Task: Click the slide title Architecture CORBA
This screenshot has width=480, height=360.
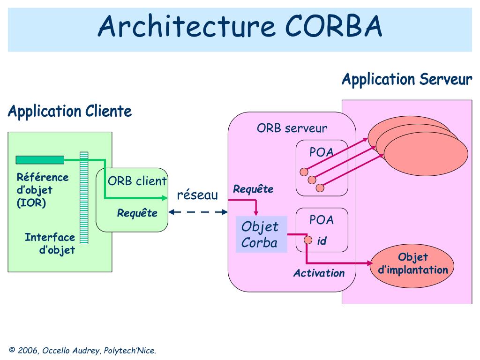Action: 240,26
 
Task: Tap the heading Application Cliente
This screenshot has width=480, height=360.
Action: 70,112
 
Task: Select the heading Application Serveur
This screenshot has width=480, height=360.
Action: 407,80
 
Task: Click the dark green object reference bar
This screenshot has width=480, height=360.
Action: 40,160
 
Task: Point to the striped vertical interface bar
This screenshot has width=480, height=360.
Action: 84,198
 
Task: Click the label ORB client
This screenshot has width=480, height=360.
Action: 137,181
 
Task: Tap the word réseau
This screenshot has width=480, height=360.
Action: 197,195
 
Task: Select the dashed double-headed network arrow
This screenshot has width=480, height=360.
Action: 198,212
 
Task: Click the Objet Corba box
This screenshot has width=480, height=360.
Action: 262,234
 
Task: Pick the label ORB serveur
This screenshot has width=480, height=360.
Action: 292,128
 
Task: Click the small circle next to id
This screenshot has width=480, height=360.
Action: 308,240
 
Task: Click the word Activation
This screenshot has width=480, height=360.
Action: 319,273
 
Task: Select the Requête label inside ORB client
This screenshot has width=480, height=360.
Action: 137,213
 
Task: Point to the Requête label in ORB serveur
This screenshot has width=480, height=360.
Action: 253,189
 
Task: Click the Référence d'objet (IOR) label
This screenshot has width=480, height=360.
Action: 43,190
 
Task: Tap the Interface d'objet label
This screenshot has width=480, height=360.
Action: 50,243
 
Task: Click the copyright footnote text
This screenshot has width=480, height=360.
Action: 82,351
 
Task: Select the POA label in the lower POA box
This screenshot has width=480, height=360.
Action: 322,220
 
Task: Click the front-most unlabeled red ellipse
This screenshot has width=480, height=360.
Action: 426,154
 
